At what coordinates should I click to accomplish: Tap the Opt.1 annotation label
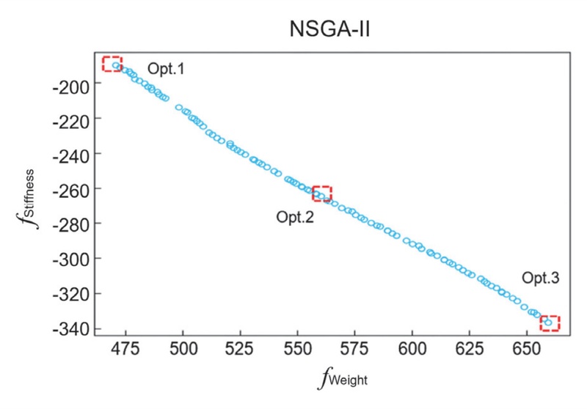166,70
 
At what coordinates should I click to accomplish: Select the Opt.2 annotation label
295,217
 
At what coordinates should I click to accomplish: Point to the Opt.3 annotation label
541,278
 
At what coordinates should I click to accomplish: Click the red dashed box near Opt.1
112,64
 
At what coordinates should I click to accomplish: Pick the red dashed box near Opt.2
322,194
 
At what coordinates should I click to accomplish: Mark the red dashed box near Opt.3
550,323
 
